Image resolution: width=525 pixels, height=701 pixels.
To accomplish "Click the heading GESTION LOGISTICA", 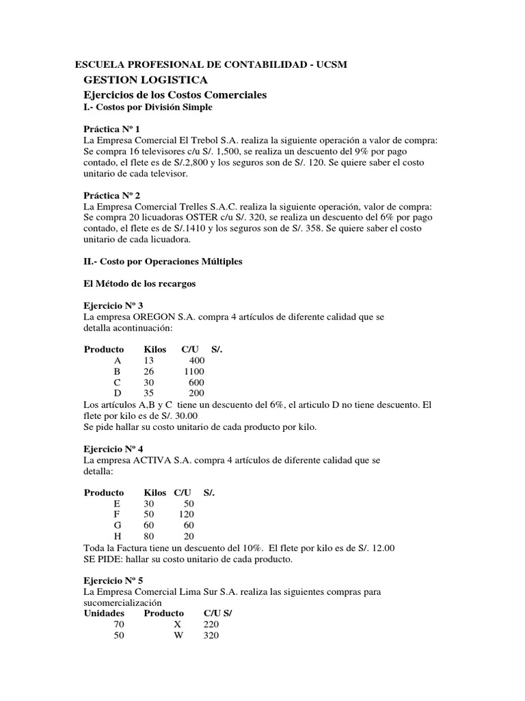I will (x=135, y=80).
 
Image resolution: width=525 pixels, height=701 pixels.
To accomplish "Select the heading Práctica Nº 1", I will (x=111, y=129).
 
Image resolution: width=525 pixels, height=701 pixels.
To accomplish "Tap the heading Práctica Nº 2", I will (x=111, y=195).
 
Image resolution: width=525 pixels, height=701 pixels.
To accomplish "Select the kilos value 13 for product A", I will (x=149, y=360).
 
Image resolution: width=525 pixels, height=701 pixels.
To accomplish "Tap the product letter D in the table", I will (x=118, y=393).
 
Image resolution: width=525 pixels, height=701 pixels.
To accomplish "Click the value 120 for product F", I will (x=187, y=515).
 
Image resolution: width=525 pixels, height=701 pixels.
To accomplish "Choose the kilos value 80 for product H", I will (x=149, y=537).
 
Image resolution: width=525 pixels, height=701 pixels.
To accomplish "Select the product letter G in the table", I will (x=118, y=526).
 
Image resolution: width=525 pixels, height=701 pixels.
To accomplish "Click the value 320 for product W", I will (x=212, y=636).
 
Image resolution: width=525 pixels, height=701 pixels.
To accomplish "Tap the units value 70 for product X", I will (x=120, y=625).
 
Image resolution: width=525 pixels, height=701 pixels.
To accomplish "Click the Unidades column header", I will (x=105, y=614).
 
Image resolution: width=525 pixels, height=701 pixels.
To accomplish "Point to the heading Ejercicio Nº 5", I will (x=113, y=580).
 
